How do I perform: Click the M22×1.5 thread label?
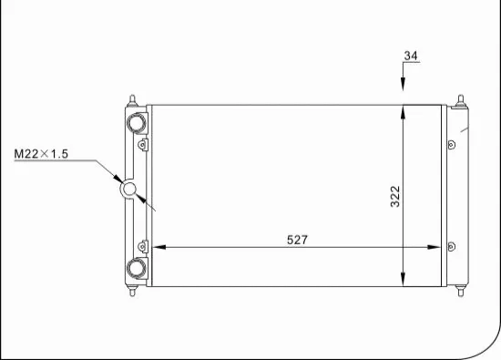point(41,154)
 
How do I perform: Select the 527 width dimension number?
point(298,240)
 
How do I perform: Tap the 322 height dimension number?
point(395,196)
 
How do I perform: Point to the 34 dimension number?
point(411,57)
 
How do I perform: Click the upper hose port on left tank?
point(136,121)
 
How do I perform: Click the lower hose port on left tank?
point(136,268)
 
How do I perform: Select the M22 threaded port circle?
point(129,189)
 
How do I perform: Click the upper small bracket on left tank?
point(142,144)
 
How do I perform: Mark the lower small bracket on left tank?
point(142,244)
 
